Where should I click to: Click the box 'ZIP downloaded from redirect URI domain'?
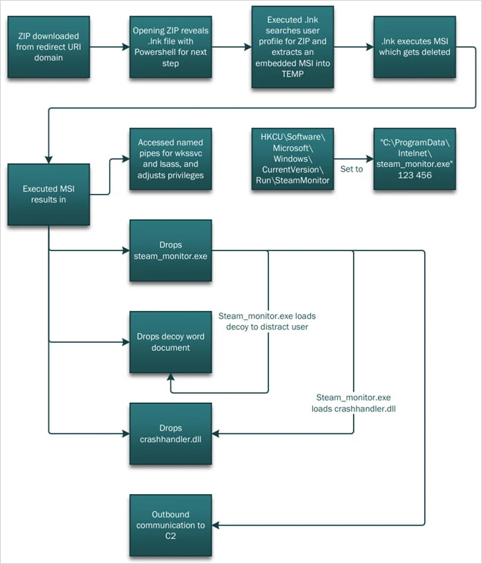(x=49, y=47)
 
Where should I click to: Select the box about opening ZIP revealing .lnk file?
(x=170, y=47)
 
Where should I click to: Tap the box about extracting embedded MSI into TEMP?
(x=292, y=47)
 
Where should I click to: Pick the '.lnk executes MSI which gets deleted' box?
(x=414, y=47)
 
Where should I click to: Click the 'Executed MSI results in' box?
(x=49, y=193)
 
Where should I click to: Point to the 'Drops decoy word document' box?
(x=170, y=342)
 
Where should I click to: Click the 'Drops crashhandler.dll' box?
(x=170, y=433)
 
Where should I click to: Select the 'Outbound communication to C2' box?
(x=170, y=525)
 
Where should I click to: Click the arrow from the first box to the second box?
(x=109, y=47)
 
